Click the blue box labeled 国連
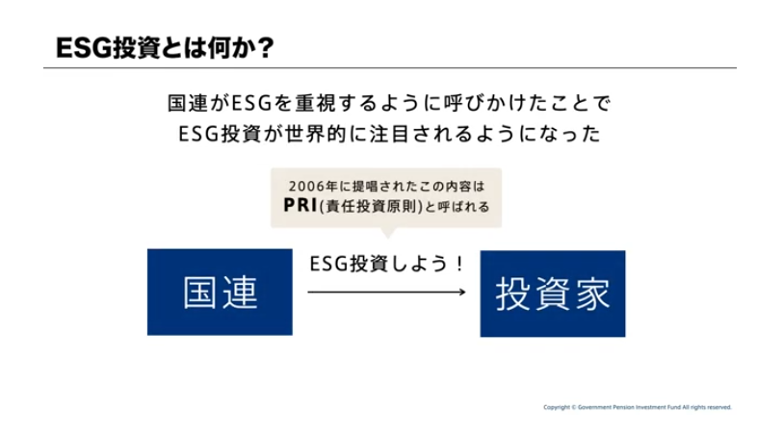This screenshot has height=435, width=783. [x=220, y=292]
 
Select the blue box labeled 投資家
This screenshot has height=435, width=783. [x=553, y=294]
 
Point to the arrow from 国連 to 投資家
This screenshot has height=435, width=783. [x=386, y=292]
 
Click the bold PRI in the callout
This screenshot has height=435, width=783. [x=300, y=205]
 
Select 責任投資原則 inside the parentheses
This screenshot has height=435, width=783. [x=371, y=206]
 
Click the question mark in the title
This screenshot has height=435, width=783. [x=266, y=48]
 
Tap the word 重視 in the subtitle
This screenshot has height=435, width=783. [x=316, y=103]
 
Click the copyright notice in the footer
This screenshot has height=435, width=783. [x=638, y=407]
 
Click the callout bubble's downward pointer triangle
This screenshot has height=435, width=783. [x=387, y=233]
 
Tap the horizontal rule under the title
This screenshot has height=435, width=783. [x=390, y=67]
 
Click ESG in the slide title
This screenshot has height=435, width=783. [x=85, y=48]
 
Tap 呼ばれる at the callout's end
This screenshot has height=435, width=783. [x=464, y=206]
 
